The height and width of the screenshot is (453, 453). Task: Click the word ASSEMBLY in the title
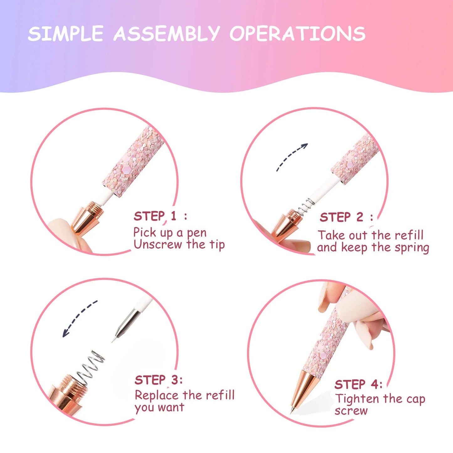[x=166, y=33]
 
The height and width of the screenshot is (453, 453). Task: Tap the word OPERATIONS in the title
[x=298, y=33]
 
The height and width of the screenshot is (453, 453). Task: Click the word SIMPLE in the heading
[x=66, y=33]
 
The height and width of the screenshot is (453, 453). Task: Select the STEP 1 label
[x=161, y=216]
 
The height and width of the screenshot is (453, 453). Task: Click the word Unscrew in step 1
[x=158, y=245]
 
